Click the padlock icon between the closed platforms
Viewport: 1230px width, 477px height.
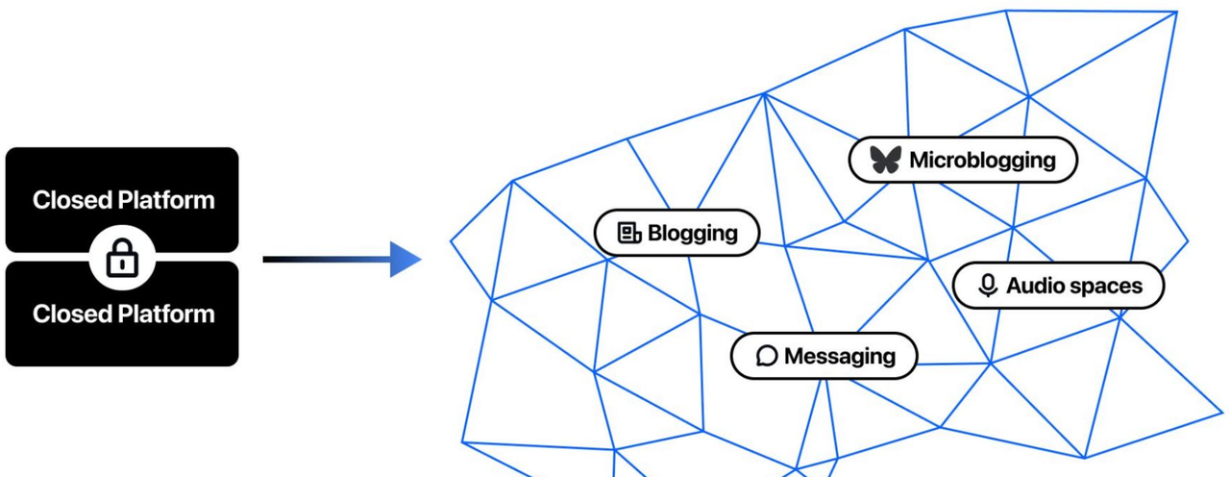point(122,258)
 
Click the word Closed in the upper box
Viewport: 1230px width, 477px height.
point(71,200)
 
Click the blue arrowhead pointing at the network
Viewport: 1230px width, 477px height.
point(405,259)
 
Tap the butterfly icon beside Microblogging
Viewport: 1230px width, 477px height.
point(885,160)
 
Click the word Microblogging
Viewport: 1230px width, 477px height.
point(982,160)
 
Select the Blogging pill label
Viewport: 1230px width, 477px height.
point(676,233)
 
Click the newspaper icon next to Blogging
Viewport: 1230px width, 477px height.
point(628,233)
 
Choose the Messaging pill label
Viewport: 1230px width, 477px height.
point(824,356)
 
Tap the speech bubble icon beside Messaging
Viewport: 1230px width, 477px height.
point(766,356)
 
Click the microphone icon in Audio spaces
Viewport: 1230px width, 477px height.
point(987,286)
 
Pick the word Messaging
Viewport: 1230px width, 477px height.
point(840,356)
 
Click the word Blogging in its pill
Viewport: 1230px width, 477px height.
point(693,233)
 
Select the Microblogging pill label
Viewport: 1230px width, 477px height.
point(963,160)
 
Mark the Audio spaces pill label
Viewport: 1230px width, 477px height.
point(1058,286)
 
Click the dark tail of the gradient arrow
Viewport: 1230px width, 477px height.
point(274,259)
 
